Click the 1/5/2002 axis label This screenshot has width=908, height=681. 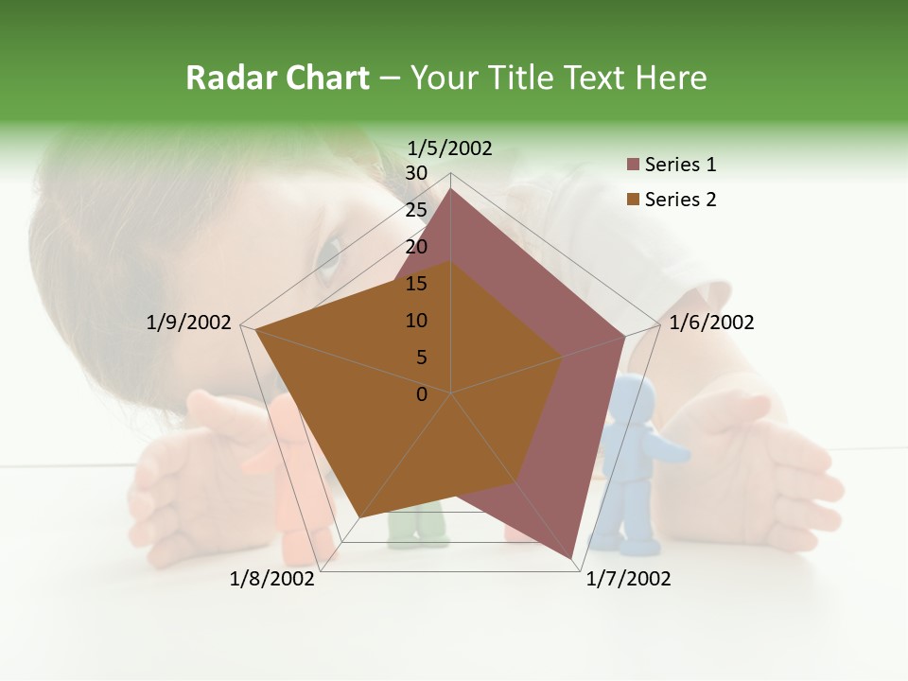450,148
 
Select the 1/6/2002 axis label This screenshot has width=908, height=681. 711,323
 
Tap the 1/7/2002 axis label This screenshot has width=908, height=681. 628,579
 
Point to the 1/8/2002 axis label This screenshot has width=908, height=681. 272,579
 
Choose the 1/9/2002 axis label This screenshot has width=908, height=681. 188,323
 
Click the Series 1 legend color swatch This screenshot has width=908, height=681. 634,166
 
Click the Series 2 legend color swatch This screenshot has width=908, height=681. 634,200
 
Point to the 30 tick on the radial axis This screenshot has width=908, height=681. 416,173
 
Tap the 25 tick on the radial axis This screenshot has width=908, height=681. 416,210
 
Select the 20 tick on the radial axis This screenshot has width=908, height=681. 416,247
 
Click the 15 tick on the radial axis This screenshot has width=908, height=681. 416,284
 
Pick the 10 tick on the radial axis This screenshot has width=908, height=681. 416,321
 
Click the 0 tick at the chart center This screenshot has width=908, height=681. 422,394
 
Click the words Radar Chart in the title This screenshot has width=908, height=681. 277,78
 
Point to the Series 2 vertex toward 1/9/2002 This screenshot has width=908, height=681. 254,329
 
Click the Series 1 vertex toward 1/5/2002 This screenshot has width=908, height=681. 450,188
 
